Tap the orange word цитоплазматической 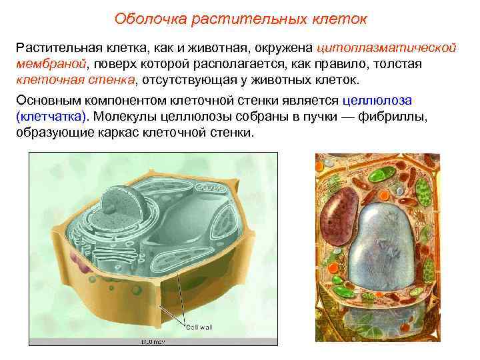387,49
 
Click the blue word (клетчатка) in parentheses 51,116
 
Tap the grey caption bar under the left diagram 153,341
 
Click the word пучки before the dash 292,116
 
